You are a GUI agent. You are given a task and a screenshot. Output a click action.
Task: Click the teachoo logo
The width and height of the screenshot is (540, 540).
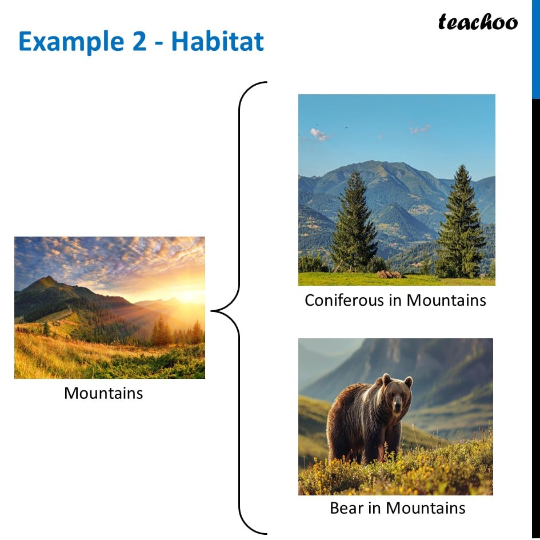click(478, 22)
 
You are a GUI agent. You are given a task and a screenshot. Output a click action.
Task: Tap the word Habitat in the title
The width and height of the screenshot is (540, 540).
click(218, 41)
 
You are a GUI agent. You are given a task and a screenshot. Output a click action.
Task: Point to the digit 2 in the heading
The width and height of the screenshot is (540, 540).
click(139, 41)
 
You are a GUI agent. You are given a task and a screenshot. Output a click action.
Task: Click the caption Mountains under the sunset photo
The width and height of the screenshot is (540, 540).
click(103, 393)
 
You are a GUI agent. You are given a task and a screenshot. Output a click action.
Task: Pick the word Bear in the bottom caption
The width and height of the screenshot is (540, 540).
click(346, 508)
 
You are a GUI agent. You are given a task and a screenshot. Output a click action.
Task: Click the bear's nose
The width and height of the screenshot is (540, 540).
click(397, 407)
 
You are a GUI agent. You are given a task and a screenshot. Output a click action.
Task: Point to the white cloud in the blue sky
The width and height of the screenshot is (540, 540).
click(319, 134)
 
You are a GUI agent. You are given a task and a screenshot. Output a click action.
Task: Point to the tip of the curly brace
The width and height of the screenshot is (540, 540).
click(211, 311)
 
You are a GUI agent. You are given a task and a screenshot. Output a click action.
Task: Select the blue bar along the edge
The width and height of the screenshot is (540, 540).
click(536, 49)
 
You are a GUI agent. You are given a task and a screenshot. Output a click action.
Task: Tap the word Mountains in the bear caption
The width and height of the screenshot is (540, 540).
click(426, 508)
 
